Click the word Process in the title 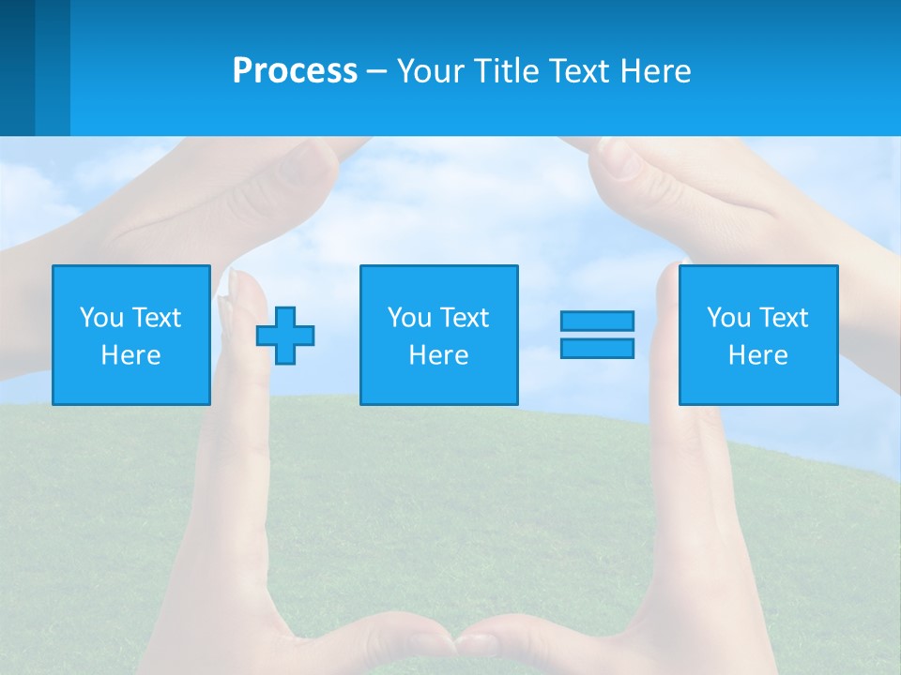(295, 71)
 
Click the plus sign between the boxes (285, 335)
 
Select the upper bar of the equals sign (597, 321)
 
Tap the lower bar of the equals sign (597, 348)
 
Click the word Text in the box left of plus (156, 318)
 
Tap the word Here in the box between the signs (438, 355)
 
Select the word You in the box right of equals (729, 318)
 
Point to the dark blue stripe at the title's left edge (17, 67)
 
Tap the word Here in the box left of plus (131, 355)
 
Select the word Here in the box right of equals (758, 355)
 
